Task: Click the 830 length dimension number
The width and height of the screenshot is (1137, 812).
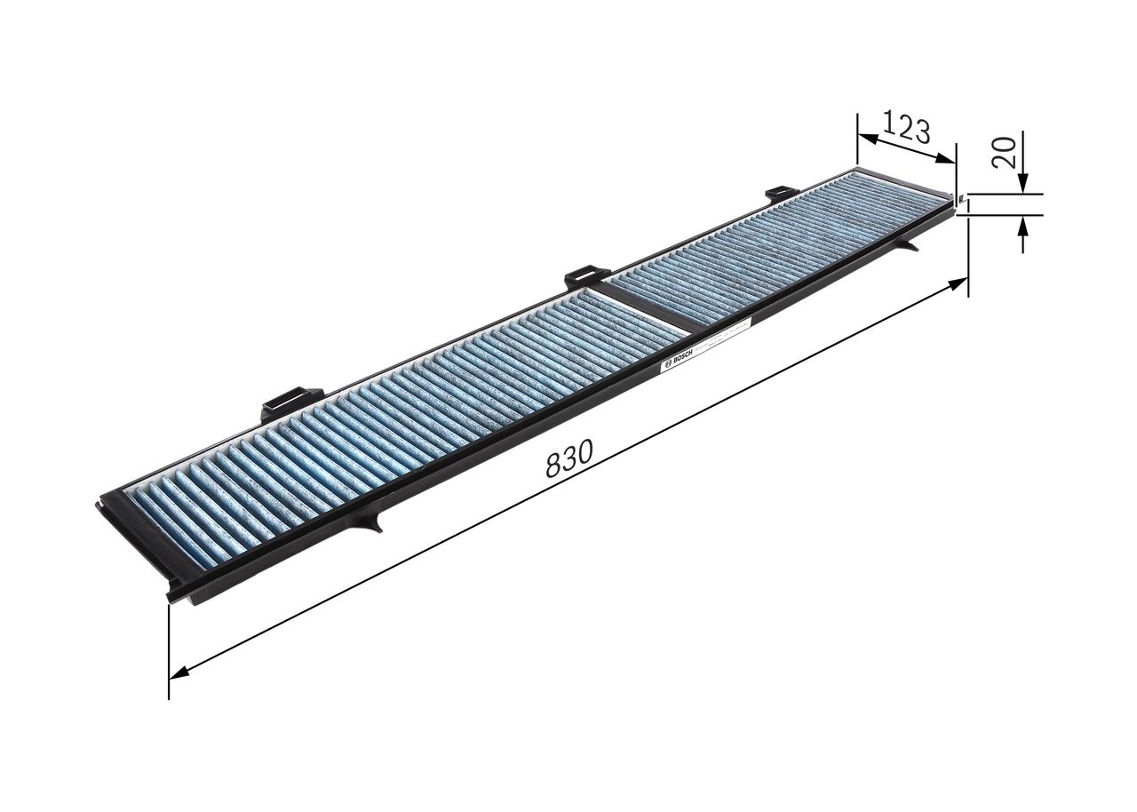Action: tap(568, 461)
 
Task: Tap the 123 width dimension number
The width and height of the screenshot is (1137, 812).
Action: tap(907, 130)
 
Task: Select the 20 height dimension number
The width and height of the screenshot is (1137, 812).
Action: tap(1005, 154)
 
